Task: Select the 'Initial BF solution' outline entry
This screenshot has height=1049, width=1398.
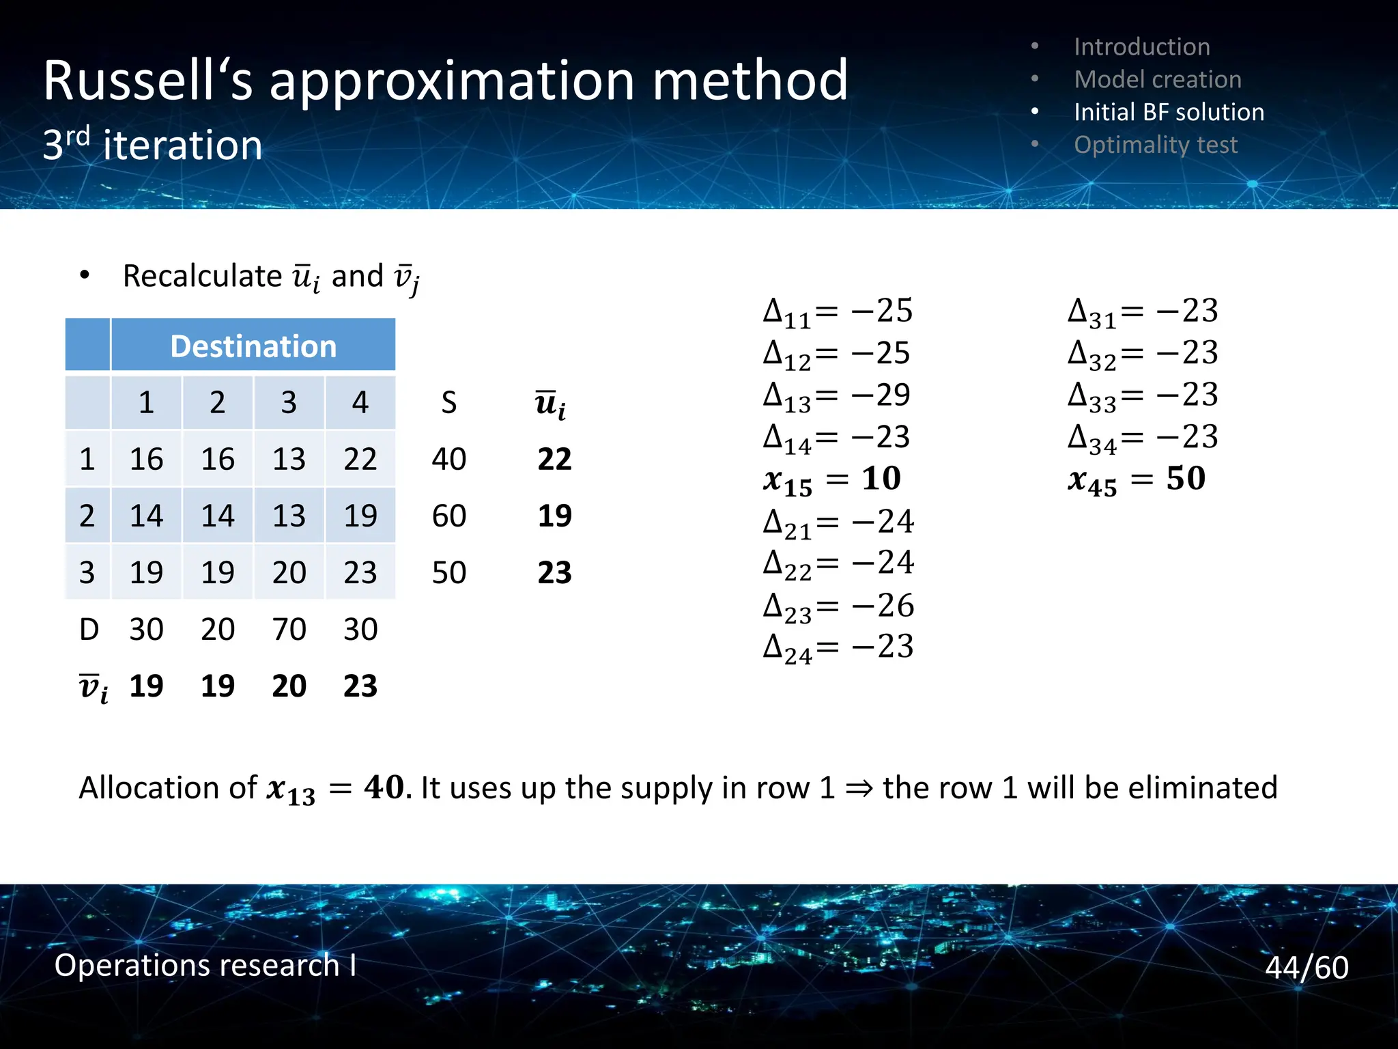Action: click(x=1168, y=112)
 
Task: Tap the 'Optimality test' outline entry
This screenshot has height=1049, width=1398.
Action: click(x=1155, y=145)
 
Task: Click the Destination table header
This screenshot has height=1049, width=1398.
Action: click(x=253, y=346)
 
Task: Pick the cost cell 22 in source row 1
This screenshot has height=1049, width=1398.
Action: click(x=360, y=459)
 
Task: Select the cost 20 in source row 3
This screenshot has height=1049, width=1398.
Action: click(x=289, y=572)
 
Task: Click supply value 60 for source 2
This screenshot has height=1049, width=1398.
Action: click(x=448, y=516)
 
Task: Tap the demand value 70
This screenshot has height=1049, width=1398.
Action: click(x=289, y=629)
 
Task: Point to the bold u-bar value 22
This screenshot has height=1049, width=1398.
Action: click(x=554, y=459)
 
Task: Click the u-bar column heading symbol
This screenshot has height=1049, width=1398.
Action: click(x=550, y=404)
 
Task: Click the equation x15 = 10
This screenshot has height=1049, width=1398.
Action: click(x=832, y=479)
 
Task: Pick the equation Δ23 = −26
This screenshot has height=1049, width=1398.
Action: click(x=838, y=606)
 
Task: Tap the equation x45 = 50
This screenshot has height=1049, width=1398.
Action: click(x=1137, y=479)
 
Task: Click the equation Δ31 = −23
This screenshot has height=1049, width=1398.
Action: click(x=1143, y=312)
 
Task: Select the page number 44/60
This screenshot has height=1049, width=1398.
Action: click(x=1306, y=968)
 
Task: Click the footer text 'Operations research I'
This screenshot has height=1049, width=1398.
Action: click(x=205, y=966)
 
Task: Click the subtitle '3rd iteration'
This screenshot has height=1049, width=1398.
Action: click(x=152, y=145)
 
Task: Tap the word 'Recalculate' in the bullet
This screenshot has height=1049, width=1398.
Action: click(x=202, y=276)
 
